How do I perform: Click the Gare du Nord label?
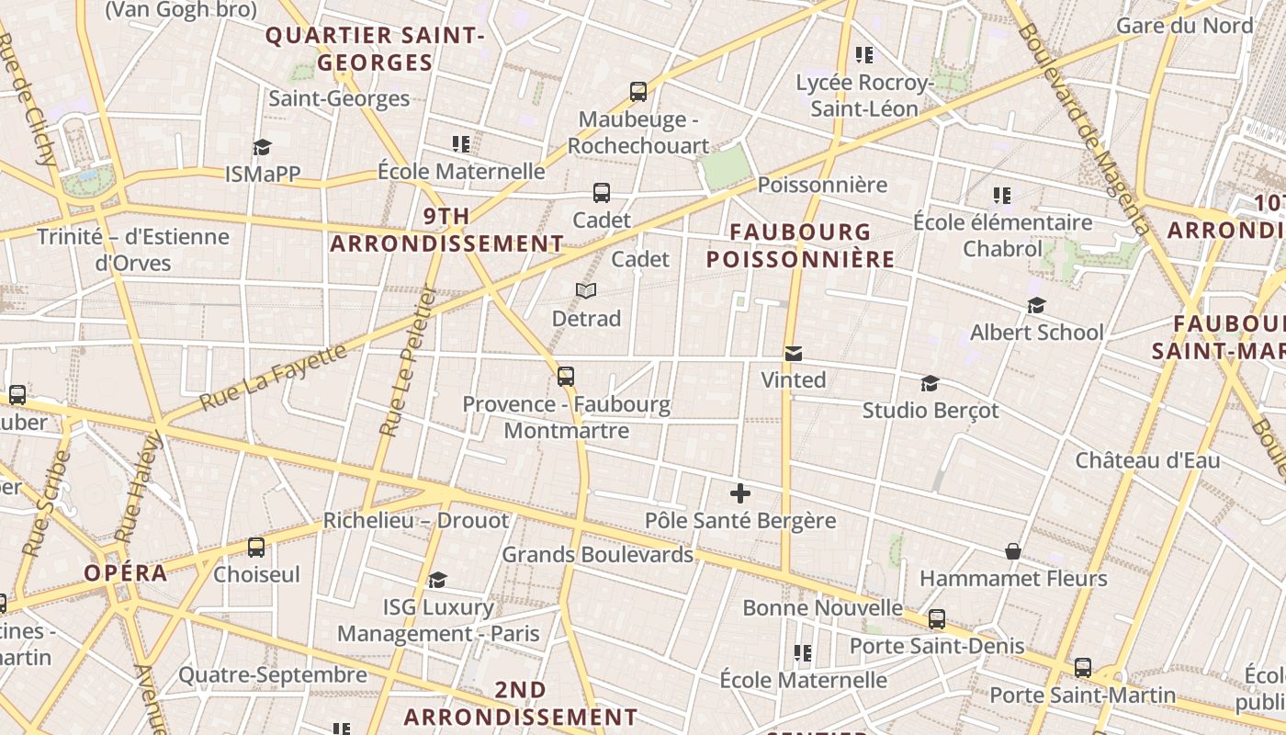(1184, 25)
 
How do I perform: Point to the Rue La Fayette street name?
(274, 377)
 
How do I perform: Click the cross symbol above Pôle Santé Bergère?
(740, 494)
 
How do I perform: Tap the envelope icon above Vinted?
(794, 354)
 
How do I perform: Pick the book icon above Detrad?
(586, 291)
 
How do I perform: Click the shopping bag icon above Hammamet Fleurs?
(1013, 551)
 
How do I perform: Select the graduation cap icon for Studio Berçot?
(931, 383)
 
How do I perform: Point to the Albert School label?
(1037, 332)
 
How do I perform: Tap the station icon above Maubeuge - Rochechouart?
(638, 92)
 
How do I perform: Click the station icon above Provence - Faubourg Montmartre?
(566, 377)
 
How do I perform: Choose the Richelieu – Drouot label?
(415, 520)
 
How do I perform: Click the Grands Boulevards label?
(597, 554)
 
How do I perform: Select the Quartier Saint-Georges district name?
(374, 49)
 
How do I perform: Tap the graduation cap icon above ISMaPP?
(263, 147)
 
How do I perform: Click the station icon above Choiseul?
(256, 548)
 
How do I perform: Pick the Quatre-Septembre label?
(273, 675)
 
